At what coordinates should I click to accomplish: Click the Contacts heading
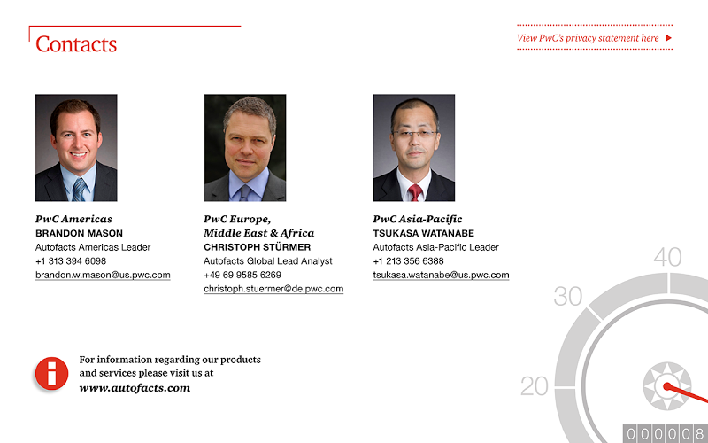[76, 44]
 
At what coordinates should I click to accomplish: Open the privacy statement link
[588, 38]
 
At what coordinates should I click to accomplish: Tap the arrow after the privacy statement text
[669, 38]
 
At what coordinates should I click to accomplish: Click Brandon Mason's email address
[103, 275]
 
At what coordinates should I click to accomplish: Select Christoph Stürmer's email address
[273, 289]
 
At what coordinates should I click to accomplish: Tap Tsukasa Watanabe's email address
[441, 275]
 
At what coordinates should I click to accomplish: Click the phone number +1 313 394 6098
[71, 261]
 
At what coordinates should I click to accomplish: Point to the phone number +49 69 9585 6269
[242, 275]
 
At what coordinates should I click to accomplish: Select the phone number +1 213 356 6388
[408, 261]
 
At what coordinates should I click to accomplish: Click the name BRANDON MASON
[79, 233]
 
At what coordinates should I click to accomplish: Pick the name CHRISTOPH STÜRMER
[257, 247]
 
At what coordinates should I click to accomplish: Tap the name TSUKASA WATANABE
[424, 233]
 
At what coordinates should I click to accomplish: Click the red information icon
[52, 373]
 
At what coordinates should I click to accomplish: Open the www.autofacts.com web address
[135, 388]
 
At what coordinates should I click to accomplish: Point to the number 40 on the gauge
[667, 257]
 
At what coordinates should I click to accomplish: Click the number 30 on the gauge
[567, 297]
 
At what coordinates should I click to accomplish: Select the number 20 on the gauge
[535, 386]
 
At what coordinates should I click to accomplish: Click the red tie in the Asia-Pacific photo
[415, 193]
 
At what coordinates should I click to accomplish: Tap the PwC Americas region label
[73, 219]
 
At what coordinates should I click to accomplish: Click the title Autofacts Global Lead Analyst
[268, 261]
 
